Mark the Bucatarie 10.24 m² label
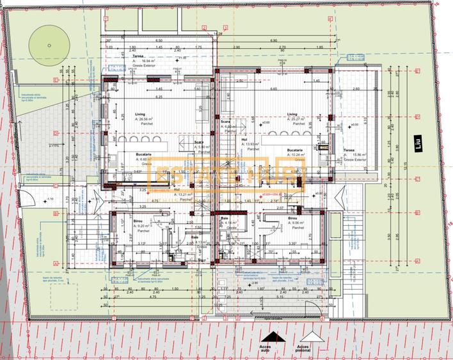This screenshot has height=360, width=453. (298, 152)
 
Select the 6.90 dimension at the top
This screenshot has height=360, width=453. (273, 40)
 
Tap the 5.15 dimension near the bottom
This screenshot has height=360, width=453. (280, 297)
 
